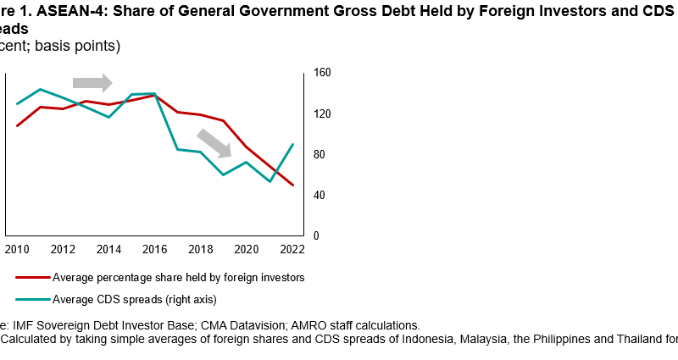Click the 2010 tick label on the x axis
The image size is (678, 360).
17,250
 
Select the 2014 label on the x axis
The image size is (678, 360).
108,250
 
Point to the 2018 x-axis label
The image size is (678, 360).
200,250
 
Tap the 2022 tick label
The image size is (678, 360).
292,250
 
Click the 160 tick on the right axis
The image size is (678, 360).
321,74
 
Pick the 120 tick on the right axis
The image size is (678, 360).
321,114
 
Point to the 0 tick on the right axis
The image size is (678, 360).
315,236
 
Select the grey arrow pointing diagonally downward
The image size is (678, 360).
215,142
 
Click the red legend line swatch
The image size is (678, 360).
31,277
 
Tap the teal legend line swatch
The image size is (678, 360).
31,299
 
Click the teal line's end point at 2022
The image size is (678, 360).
293,144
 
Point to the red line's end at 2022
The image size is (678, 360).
293,185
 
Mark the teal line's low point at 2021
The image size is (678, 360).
270,181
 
